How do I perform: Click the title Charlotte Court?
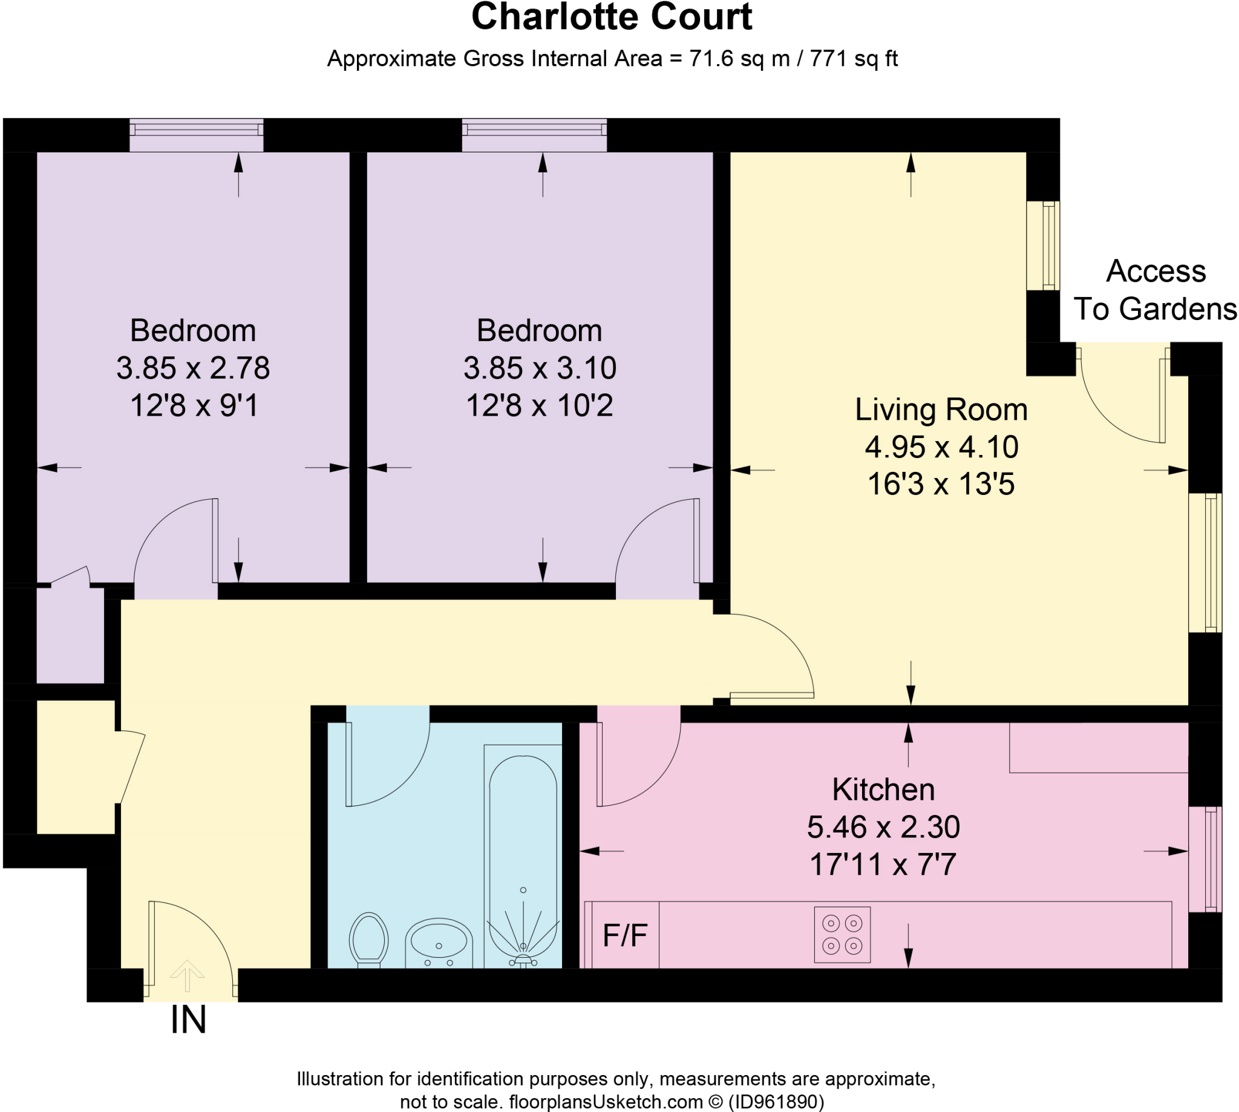(612, 16)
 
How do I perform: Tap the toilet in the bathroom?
(368, 940)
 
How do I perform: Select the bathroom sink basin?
(439, 943)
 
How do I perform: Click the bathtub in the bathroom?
(523, 856)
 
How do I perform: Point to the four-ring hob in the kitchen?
(842, 934)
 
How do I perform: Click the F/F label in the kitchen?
(625, 935)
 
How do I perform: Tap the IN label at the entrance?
(188, 1020)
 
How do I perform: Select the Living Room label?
(941, 410)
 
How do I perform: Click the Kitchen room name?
(883, 790)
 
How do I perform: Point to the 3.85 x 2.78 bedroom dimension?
(193, 368)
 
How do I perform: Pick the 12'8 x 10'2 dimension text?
(540, 405)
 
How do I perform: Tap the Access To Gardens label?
(1156, 290)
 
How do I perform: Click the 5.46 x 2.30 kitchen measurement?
(883, 826)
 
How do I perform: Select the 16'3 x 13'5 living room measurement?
(941, 484)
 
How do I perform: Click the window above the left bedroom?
(196, 134)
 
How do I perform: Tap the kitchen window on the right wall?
(1205, 859)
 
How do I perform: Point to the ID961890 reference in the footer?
(776, 1102)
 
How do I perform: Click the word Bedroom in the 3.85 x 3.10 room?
(540, 330)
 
